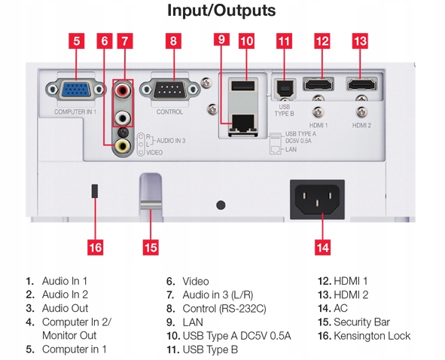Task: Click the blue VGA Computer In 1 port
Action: click(x=76, y=90)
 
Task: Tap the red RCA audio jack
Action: click(x=123, y=90)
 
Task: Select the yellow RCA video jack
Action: click(x=123, y=145)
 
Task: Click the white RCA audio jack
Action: click(x=123, y=117)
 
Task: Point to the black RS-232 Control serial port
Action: click(x=169, y=90)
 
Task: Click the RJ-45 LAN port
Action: click(x=243, y=124)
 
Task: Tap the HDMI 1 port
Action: click(x=319, y=84)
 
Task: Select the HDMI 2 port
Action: click(x=361, y=84)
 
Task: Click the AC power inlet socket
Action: click(x=317, y=200)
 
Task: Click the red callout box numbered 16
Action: click(x=96, y=247)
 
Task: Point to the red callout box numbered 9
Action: click(x=221, y=39)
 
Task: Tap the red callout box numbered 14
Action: click(x=323, y=247)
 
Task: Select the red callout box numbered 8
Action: click(x=173, y=41)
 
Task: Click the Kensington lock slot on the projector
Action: click(x=95, y=191)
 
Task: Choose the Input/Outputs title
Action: click(x=221, y=11)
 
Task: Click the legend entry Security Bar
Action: click(x=354, y=322)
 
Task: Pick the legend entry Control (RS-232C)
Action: click(x=216, y=309)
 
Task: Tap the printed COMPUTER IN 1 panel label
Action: click(x=75, y=112)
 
